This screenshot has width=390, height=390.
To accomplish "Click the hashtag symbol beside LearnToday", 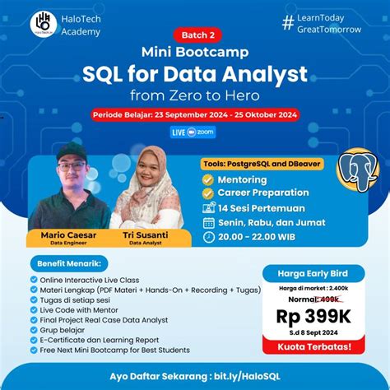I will pos(288,23).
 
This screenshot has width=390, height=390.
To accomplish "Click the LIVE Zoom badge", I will pos(194,132).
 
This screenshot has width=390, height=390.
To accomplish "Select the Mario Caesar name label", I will pos(70,234).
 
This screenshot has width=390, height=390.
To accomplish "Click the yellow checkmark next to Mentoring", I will pos(208,179).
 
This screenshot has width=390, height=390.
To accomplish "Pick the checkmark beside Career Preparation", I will pos(208,193).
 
